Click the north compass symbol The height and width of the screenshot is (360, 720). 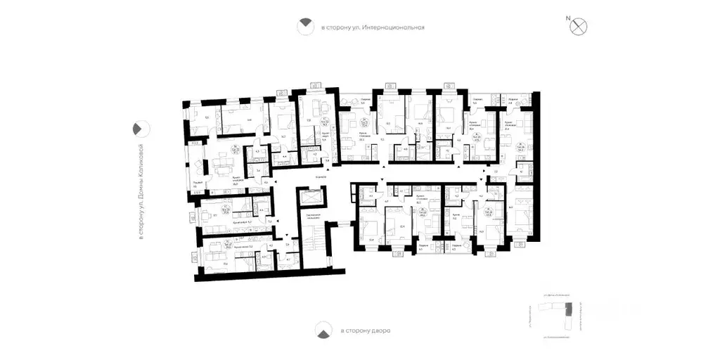tap(580, 26)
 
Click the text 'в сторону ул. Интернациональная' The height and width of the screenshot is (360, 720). tap(373, 28)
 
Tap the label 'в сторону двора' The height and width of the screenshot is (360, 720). tap(365, 330)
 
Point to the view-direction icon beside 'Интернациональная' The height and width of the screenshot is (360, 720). tap(304, 27)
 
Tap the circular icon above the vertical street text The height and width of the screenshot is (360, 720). tap(140, 129)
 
